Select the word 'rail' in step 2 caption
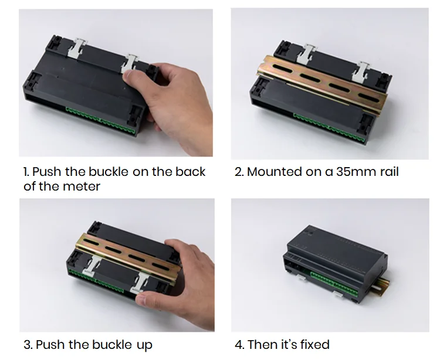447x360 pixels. click(x=389, y=172)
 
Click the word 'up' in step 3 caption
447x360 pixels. click(x=144, y=345)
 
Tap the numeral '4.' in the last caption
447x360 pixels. click(x=239, y=344)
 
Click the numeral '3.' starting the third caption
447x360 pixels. click(x=28, y=344)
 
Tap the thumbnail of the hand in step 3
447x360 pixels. click(x=141, y=299)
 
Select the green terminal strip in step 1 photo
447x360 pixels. click(x=100, y=120)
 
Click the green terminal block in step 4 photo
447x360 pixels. click(x=334, y=284)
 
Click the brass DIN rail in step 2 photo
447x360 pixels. click(x=322, y=83)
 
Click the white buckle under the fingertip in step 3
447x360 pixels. click(x=140, y=284)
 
